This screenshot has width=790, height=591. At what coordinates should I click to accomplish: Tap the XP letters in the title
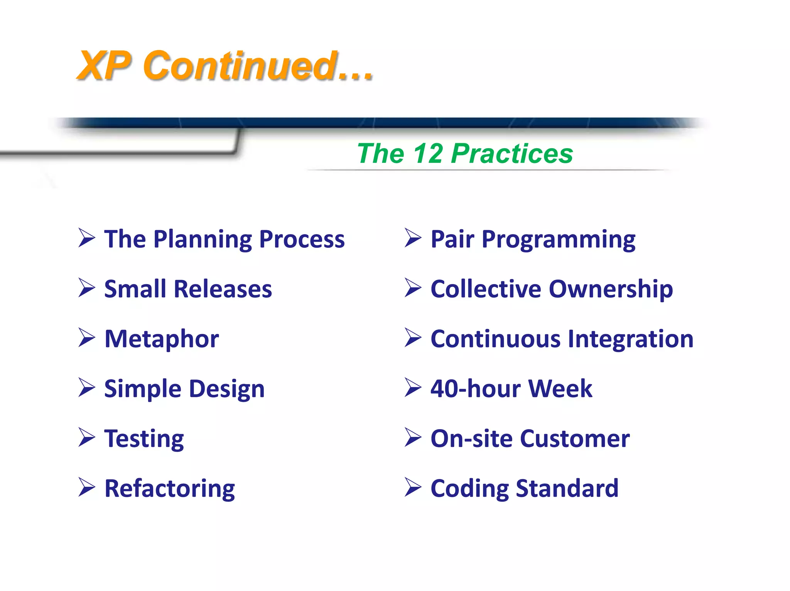[x=105, y=66]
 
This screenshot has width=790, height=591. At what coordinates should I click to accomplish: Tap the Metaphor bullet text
[x=162, y=339]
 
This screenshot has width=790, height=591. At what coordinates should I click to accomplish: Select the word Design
[x=227, y=389]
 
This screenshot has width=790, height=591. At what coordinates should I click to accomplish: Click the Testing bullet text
[x=144, y=439]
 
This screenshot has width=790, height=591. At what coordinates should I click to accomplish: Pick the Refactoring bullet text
[x=170, y=489]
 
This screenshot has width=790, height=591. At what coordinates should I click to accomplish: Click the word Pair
[x=452, y=239]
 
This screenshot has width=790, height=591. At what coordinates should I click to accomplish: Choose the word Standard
[x=567, y=488]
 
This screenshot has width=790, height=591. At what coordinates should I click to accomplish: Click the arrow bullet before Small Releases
[x=86, y=288]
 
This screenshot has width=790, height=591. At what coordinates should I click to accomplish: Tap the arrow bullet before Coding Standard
[x=413, y=487]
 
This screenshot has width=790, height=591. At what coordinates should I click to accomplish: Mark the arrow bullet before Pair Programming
[x=413, y=238]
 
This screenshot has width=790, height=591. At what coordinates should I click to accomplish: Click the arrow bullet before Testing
[x=86, y=437]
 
